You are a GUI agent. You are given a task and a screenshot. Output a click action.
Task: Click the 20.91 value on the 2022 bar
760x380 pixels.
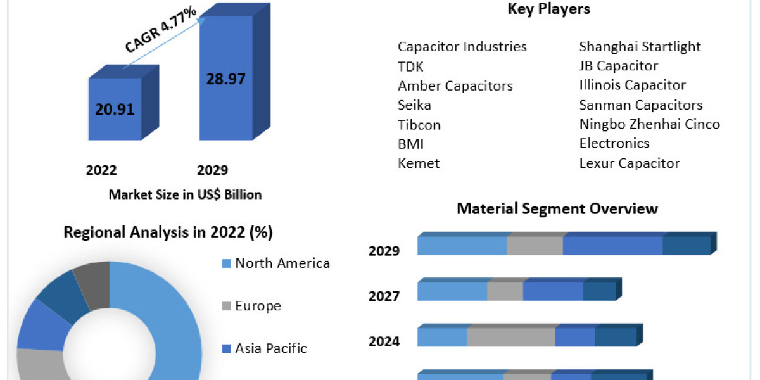[115, 109]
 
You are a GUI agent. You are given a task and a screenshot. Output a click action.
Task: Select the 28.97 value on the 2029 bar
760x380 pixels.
[225, 79]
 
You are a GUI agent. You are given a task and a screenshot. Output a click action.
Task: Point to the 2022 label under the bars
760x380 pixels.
[101, 170]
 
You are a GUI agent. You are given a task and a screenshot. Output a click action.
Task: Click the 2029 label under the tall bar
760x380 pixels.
[213, 170]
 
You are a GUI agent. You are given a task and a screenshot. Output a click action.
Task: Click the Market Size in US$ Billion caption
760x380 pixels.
[185, 194]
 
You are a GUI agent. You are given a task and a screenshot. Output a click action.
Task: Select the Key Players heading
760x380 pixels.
[549, 9]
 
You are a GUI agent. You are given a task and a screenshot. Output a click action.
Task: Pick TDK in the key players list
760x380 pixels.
[410, 66]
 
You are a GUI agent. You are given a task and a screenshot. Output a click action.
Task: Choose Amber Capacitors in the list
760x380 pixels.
[455, 85]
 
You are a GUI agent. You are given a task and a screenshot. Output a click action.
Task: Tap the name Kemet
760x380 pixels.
[418, 163]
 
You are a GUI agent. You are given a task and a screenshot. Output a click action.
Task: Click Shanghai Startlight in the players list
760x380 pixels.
[640, 47]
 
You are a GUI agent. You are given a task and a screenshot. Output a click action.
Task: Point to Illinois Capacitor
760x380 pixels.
[632, 85]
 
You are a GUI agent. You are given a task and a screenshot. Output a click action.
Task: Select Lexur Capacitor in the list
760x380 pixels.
[629, 163]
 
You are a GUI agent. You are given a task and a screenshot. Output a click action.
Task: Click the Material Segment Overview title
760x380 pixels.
[557, 209]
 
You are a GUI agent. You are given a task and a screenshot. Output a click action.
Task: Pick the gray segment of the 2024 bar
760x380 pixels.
[510, 337]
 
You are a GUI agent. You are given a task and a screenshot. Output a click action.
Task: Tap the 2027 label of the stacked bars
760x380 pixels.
[384, 296]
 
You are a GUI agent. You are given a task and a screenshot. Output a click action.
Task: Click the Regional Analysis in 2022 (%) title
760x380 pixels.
[168, 232]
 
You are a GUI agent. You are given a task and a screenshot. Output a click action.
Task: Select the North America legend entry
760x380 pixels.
[282, 263]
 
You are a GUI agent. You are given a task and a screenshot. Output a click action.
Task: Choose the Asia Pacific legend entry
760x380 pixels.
[270, 348]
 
